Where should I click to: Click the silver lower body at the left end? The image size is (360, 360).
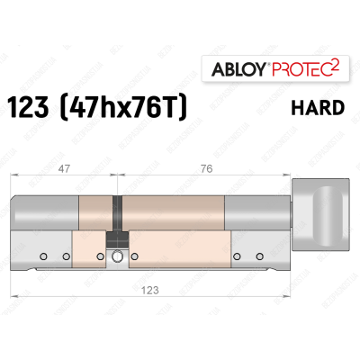45,255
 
